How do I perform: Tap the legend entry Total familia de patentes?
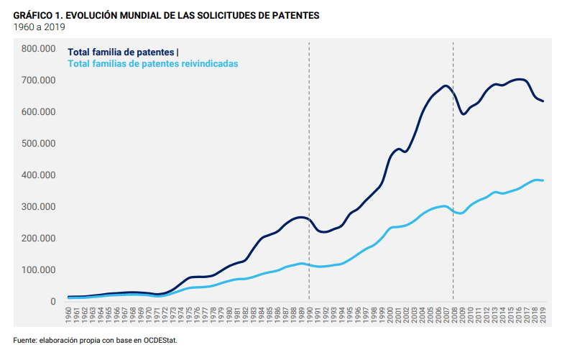click(x=121, y=52)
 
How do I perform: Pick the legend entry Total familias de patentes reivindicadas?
click(x=152, y=63)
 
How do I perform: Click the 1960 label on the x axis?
click(x=68, y=314)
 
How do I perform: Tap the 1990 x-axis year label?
click(x=309, y=314)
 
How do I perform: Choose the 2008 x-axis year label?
click(x=453, y=314)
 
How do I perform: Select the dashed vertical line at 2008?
click(x=453, y=144)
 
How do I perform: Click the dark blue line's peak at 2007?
click(x=446, y=86)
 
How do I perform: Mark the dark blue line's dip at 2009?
click(x=464, y=114)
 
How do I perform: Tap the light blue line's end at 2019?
click(x=543, y=180)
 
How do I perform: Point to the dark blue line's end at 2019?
click(x=543, y=101)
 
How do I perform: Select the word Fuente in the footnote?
click(x=24, y=341)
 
